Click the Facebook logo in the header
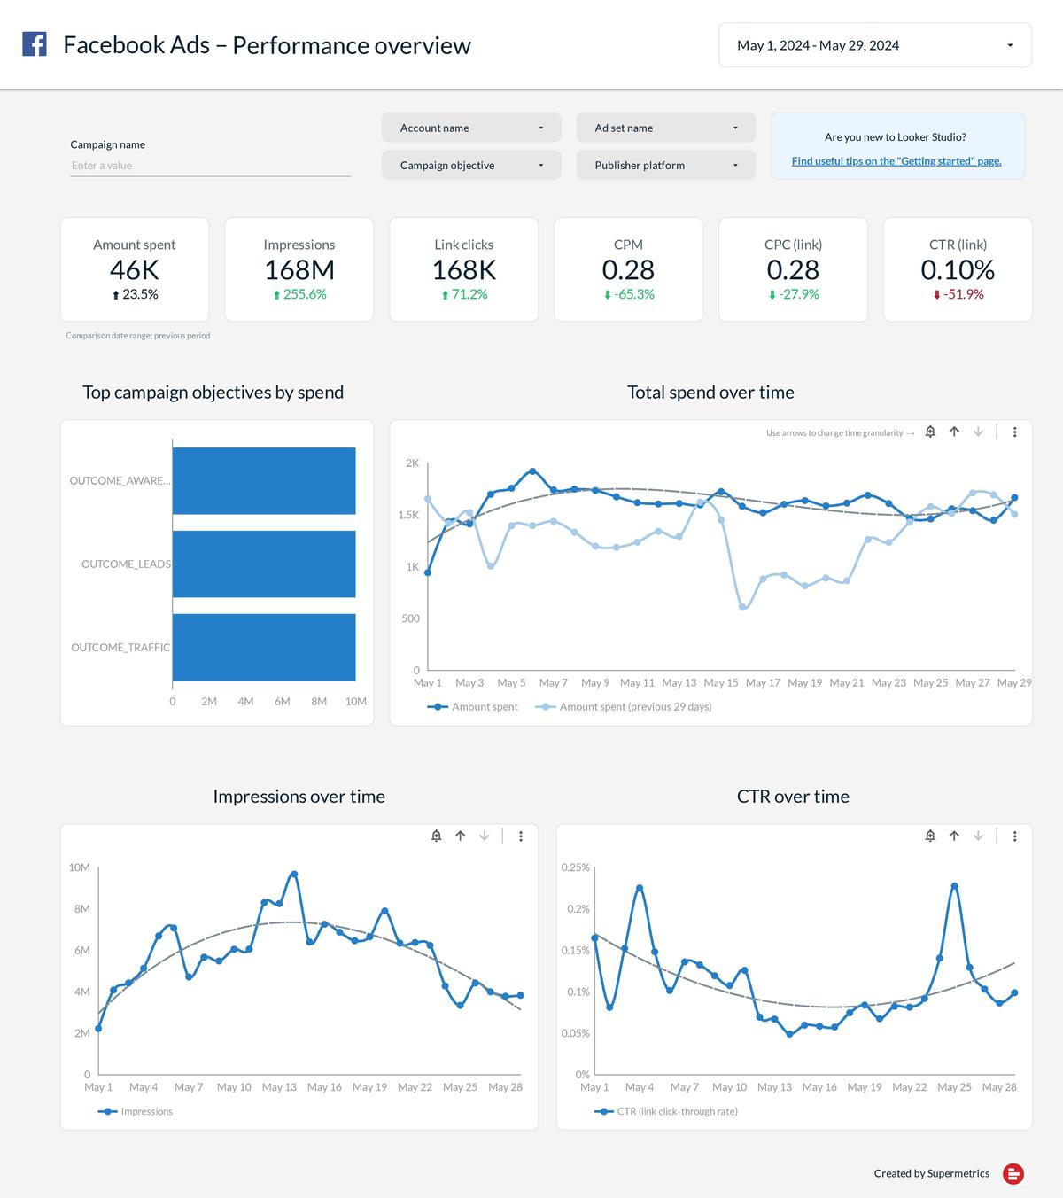click(35, 44)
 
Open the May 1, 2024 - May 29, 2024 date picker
click(874, 45)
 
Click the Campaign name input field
click(210, 166)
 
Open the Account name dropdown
click(470, 128)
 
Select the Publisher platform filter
click(665, 166)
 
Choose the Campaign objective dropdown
click(470, 166)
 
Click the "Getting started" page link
click(896, 161)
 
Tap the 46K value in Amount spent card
click(135, 269)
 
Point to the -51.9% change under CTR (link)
click(958, 294)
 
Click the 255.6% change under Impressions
click(299, 294)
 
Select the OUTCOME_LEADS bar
click(264, 564)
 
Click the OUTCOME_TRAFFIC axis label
click(120, 648)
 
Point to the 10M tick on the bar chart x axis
click(355, 701)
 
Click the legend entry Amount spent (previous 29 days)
click(634, 707)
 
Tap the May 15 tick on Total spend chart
click(720, 683)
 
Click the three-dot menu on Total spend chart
click(1014, 432)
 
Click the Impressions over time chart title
click(299, 797)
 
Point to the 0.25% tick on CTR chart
click(575, 867)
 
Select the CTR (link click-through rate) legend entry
click(676, 1111)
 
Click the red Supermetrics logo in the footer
click(1013, 1174)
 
